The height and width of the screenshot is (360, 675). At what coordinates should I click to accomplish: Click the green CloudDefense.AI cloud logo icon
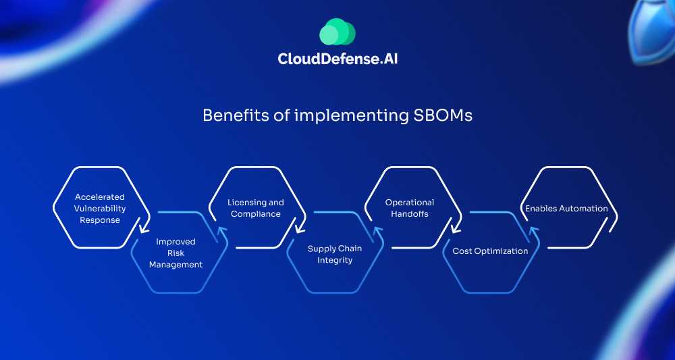tap(337, 32)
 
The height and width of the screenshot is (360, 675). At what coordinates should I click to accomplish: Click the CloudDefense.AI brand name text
tap(342, 59)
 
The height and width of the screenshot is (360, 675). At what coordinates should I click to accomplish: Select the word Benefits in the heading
tap(228, 115)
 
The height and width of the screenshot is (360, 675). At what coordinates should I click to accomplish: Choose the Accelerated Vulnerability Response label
tap(100, 209)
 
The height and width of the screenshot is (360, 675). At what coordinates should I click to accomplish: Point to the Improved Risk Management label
tap(175, 253)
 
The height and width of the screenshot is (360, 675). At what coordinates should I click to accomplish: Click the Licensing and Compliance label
tap(256, 208)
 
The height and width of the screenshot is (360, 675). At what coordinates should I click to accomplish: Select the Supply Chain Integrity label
tap(335, 254)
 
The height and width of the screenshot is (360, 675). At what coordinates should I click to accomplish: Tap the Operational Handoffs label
tap(410, 208)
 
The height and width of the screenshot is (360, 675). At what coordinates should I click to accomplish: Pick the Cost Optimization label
tap(490, 251)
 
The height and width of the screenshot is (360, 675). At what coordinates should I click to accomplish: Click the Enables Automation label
tap(566, 209)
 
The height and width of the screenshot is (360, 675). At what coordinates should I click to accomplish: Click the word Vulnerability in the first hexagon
tap(100, 209)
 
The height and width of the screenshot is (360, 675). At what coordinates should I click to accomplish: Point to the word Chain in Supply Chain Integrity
tap(350, 249)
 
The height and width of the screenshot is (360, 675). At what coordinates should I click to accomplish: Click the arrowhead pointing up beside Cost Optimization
tap(533, 231)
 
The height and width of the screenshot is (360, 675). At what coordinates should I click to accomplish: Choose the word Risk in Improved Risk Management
tap(175, 253)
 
